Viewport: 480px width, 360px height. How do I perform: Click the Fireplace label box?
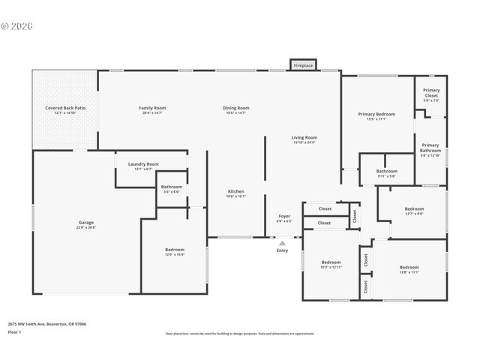[302, 65]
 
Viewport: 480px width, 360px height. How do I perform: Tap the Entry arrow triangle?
[282, 243]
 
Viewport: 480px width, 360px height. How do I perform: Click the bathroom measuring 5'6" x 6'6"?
[172, 188]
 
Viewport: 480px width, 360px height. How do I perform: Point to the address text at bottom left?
[46, 324]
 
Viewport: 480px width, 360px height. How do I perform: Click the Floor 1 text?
[14, 331]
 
